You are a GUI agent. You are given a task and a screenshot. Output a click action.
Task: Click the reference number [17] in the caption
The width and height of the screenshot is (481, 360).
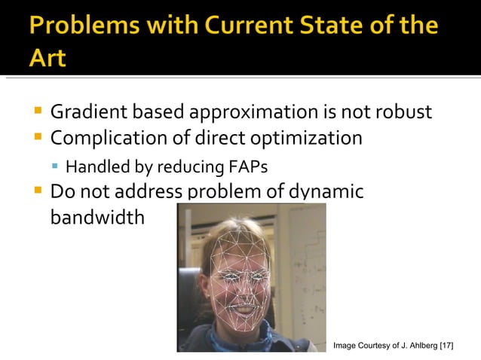click(447, 345)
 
